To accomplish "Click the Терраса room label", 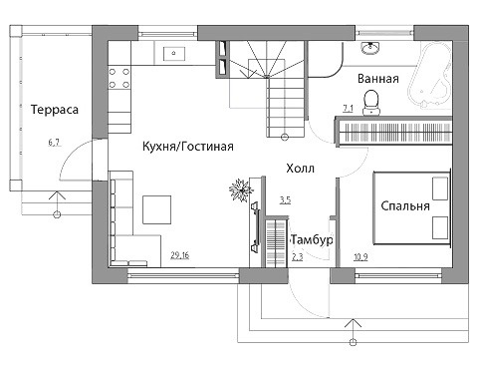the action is coord(55,110).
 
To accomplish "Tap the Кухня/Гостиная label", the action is coord(188,147).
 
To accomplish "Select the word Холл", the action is coord(300,169).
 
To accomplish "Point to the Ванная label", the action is coord(378,79).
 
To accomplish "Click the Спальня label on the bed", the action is coord(405,205).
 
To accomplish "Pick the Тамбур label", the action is coord(312,239).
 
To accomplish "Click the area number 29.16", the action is coord(180,255).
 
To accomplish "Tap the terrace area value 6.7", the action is coord(54,143).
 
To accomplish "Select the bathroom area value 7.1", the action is coord(348,109).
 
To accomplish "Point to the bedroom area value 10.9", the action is coord(360,257).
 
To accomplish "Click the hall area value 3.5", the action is coord(285,200).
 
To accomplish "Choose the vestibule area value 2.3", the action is coord(298,257).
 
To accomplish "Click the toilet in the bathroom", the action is coord(371,102).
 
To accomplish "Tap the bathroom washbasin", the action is coord(370,48).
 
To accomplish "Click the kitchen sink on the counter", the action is coord(174,53).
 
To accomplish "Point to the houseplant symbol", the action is coord(241,190).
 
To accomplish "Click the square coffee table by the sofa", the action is coord(157,209).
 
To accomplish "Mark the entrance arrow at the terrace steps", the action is coord(57,204).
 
